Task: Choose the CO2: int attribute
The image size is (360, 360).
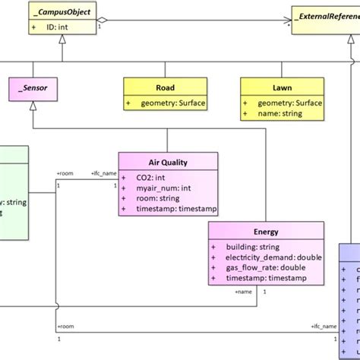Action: point(153,177)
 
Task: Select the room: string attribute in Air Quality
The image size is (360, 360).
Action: point(157,197)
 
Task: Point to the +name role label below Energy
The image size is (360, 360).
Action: point(242,292)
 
